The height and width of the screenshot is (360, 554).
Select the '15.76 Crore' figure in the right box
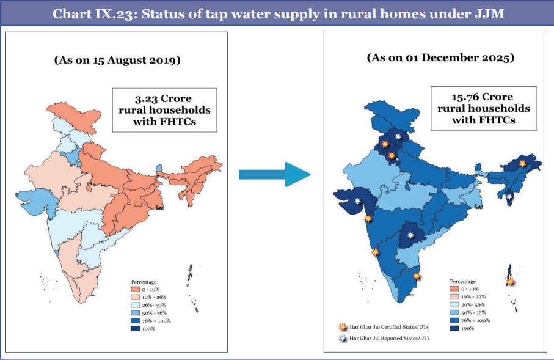(x=482, y=97)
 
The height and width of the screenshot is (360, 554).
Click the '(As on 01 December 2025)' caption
(x=440, y=58)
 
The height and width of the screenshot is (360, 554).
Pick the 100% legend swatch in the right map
(x=453, y=328)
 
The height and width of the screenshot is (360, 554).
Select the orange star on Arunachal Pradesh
(x=522, y=163)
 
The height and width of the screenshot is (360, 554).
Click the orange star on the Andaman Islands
(x=510, y=282)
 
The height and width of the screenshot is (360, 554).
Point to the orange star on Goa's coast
(x=374, y=252)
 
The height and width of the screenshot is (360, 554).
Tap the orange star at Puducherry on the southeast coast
(x=417, y=276)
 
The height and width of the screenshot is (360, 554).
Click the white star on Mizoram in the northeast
(x=509, y=196)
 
